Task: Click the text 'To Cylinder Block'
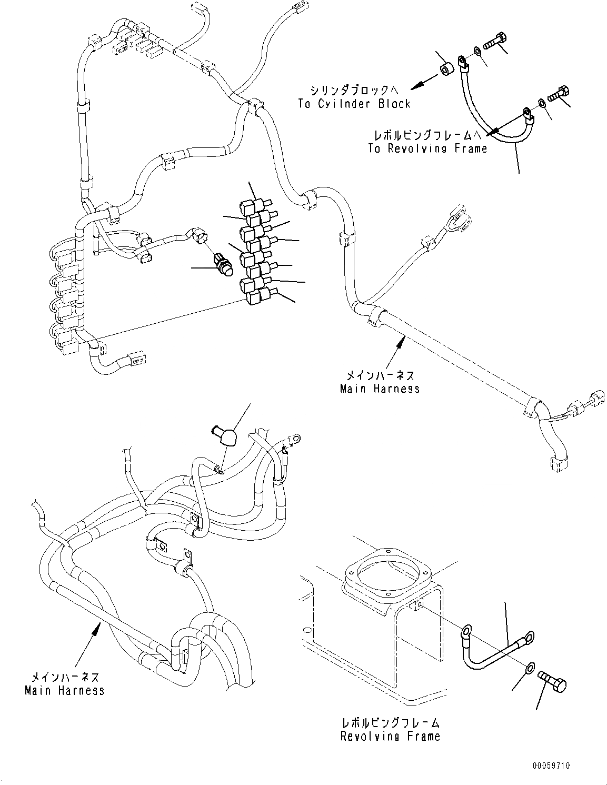(x=354, y=104)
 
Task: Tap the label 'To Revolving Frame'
(x=427, y=148)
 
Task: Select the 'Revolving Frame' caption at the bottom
(x=390, y=736)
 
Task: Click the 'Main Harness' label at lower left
(x=64, y=690)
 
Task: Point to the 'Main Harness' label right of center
(x=380, y=389)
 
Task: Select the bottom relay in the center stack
(x=257, y=297)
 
